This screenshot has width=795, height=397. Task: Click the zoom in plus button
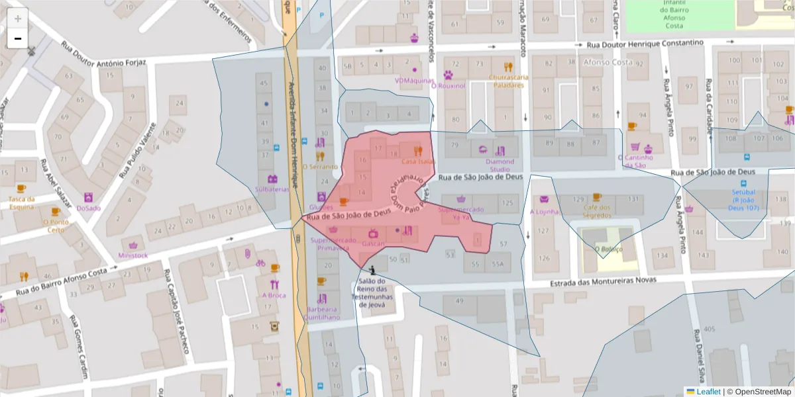pyautogui.click(x=18, y=19)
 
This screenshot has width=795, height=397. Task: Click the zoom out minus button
pyautogui.click(x=18, y=38)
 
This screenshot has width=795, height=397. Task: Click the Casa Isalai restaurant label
pyautogui.click(x=417, y=161)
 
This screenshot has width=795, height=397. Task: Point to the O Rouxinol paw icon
pyautogui.click(x=449, y=75)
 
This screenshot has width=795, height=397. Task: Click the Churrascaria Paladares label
pyautogui.click(x=509, y=81)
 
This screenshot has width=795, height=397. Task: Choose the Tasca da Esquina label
pyautogui.click(x=22, y=202)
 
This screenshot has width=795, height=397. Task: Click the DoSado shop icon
pyautogui.click(x=89, y=197)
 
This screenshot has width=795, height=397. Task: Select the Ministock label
pyautogui.click(x=133, y=255)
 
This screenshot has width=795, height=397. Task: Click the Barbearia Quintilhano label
pyautogui.click(x=321, y=313)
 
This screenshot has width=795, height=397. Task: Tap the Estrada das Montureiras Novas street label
pyautogui.click(x=602, y=281)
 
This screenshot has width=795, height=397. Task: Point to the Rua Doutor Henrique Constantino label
pyautogui.click(x=645, y=43)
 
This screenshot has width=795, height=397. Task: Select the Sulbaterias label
pyautogui.click(x=272, y=189)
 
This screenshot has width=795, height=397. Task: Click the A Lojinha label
pyautogui.click(x=544, y=212)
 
